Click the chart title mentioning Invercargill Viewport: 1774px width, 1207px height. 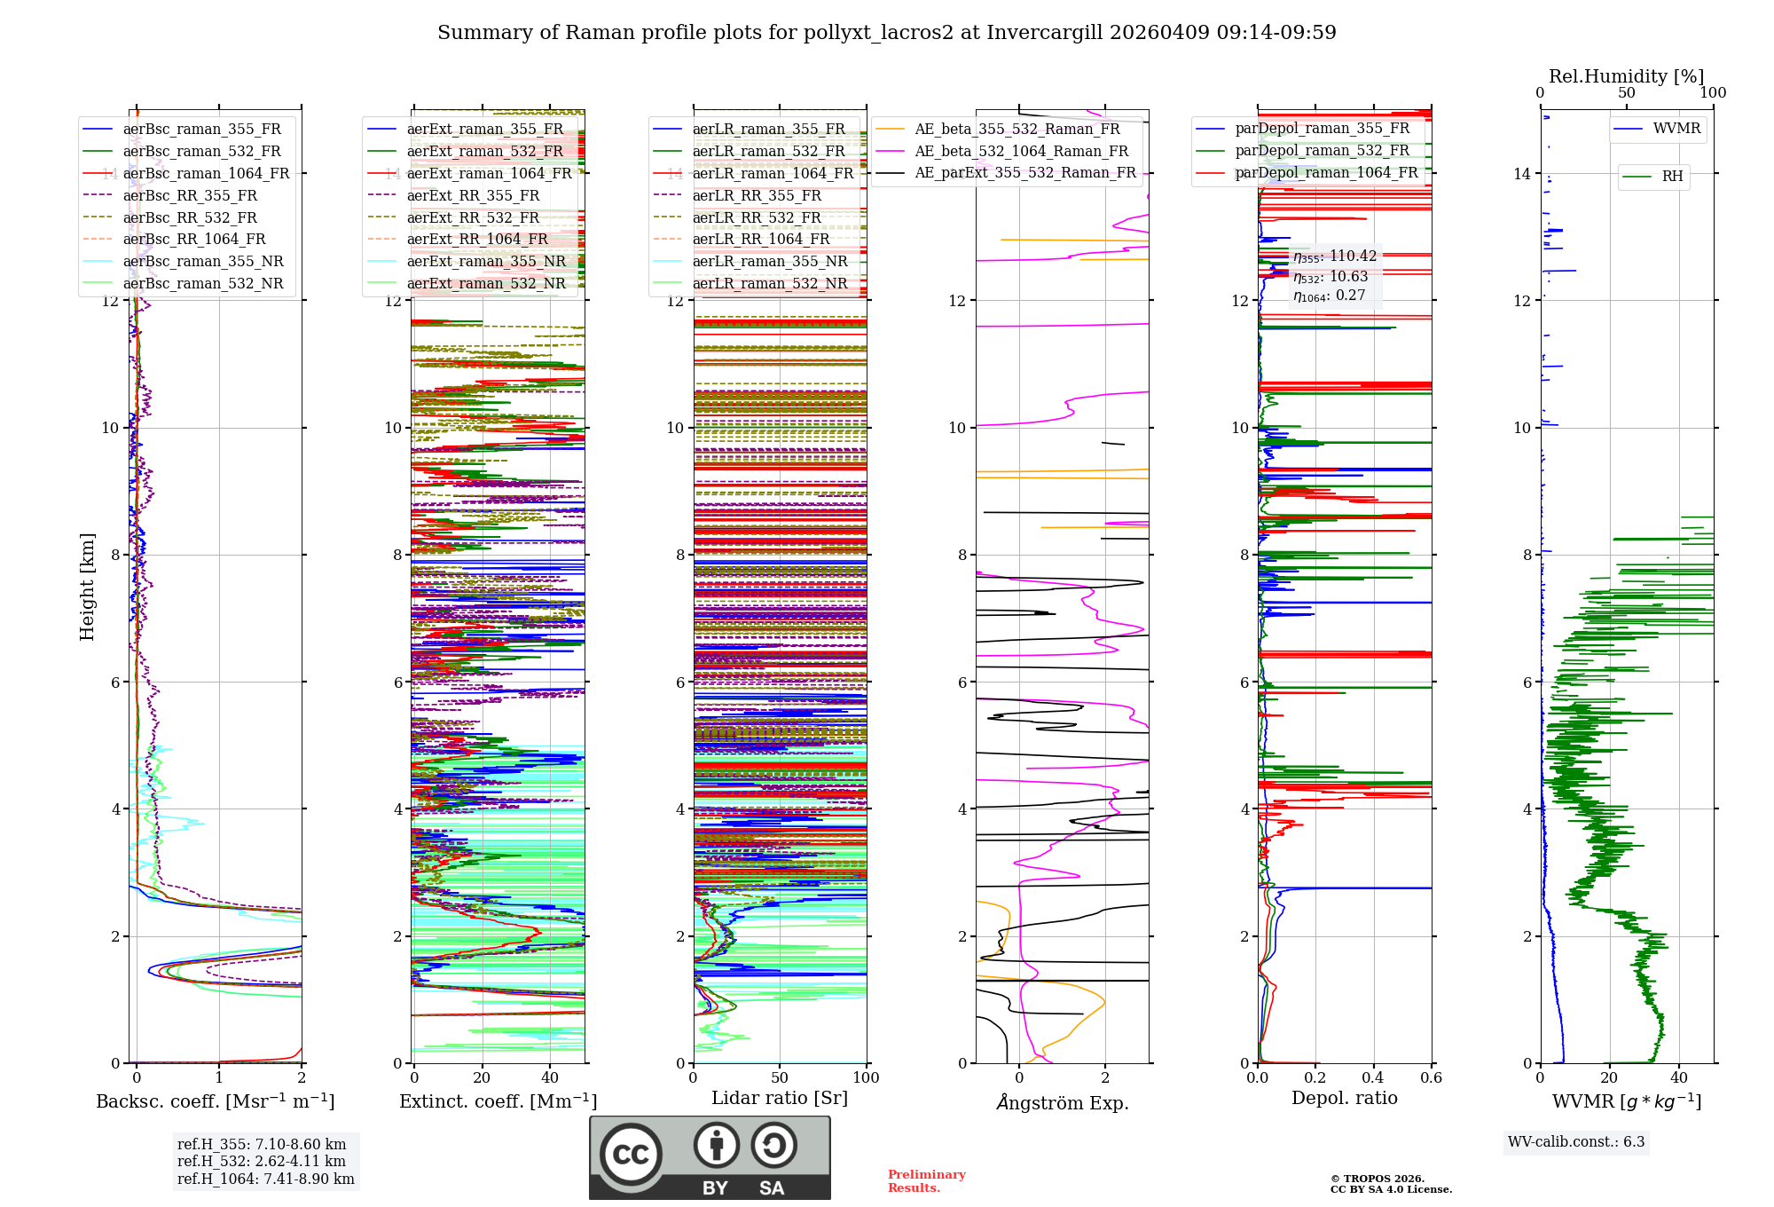click(886, 33)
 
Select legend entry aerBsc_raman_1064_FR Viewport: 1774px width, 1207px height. click(206, 173)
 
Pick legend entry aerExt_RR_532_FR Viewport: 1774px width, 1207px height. click(473, 217)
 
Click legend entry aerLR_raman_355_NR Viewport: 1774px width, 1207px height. click(770, 261)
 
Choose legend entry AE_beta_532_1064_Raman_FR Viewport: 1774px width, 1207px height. click(1021, 151)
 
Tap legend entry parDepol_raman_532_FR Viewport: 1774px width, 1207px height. click(1322, 151)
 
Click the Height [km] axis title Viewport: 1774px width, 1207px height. click(87, 587)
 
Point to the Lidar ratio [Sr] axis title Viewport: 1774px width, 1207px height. click(780, 1098)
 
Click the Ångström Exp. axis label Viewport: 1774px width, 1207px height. click(1062, 1102)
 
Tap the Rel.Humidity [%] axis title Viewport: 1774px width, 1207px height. click(1626, 76)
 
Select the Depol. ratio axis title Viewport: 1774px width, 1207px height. click(1344, 1098)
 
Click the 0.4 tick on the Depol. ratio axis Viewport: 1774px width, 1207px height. click(1373, 1077)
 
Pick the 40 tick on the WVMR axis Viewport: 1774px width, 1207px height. click(1679, 1077)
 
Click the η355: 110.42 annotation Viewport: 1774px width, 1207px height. click(1334, 256)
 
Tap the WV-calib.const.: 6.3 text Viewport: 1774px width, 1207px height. click(1576, 1141)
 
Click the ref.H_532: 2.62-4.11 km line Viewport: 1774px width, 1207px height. click(262, 1161)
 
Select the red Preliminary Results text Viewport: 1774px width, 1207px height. click(926, 1181)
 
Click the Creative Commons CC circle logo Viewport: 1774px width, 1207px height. click(631, 1155)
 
